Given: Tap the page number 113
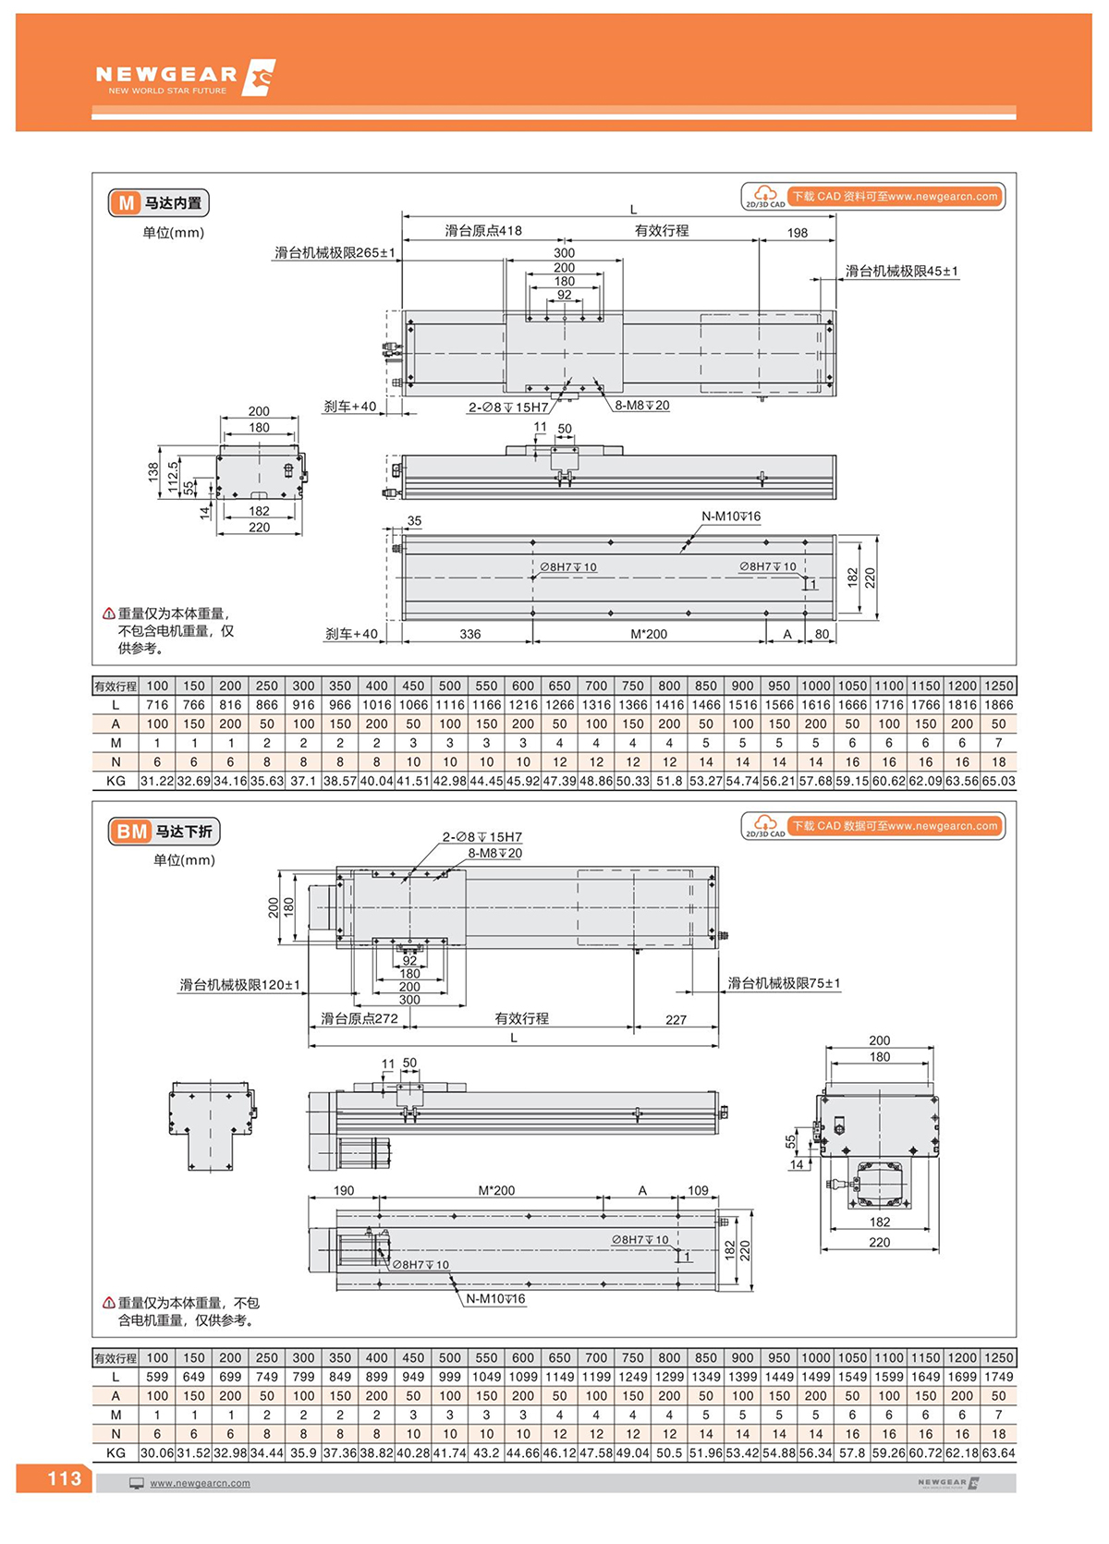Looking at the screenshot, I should click(x=64, y=1478).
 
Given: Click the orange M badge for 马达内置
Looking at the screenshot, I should click(x=126, y=203).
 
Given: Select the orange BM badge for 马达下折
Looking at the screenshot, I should click(x=131, y=832).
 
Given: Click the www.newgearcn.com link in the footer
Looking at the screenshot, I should click(x=200, y=1483).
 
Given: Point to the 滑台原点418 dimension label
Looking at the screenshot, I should click(x=483, y=231).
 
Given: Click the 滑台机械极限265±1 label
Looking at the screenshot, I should click(x=335, y=252).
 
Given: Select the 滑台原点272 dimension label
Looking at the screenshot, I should click(x=359, y=1018).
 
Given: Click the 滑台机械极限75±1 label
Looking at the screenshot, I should click(x=784, y=983).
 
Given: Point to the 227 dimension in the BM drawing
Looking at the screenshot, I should click(x=676, y=1020).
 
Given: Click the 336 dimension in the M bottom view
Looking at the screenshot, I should click(x=469, y=634).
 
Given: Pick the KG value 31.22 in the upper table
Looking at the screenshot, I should click(x=157, y=781).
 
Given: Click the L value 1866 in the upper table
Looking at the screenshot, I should click(x=998, y=705).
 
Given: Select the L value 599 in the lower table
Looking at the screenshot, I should click(x=157, y=1377).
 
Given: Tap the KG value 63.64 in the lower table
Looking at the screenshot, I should click(x=998, y=1453).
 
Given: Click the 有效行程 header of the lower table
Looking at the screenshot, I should click(x=116, y=1358).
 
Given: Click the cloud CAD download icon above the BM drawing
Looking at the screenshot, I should click(x=764, y=824).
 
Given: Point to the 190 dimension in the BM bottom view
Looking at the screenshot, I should click(x=343, y=1190).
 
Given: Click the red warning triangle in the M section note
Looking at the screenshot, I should click(x=108, y=614).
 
